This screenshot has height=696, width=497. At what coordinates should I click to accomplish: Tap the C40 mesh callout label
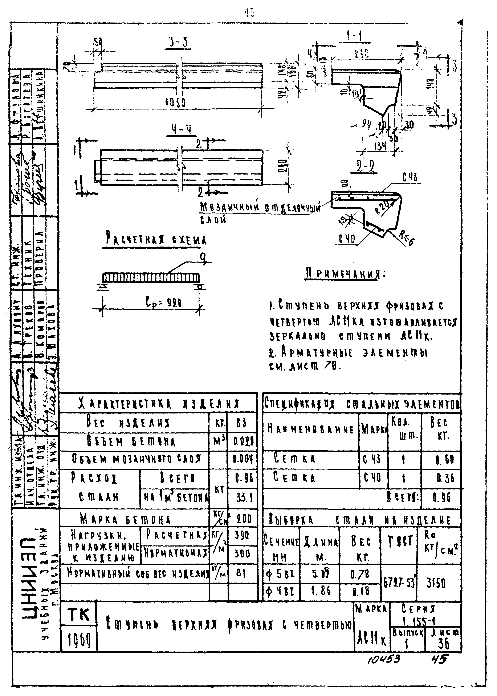tap(347, 239)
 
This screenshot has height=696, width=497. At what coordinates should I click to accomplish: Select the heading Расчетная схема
tap(156, 239)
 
